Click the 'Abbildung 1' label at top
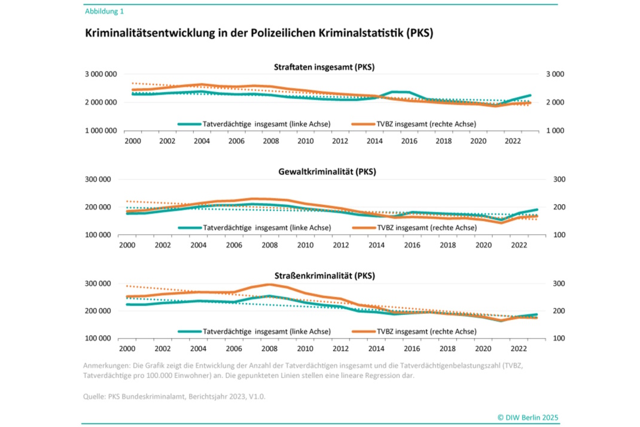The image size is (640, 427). [x=104, y=11]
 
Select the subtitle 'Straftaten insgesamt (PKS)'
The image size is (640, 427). [x=324, y=67]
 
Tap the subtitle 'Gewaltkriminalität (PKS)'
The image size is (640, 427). [x=324, y=172]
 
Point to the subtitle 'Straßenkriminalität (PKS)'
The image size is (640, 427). [x=324, y=276]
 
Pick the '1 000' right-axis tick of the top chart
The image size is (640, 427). [x=555, y=131]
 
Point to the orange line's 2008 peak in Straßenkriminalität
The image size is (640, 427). [x=269, y=284]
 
